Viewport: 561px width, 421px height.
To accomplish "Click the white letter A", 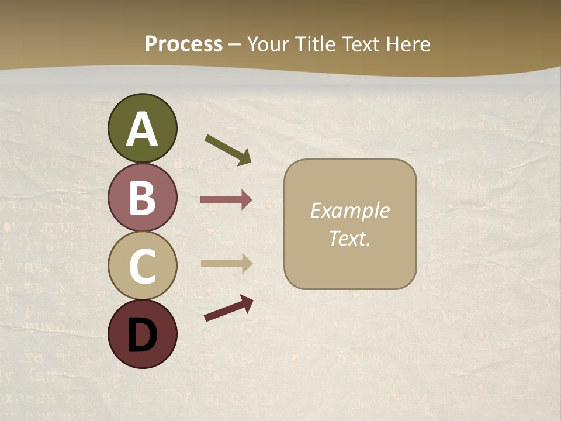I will (x=142, y=129).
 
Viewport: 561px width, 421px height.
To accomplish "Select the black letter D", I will (x=142, y=335).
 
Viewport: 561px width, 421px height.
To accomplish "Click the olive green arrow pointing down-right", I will (x=228, y=149).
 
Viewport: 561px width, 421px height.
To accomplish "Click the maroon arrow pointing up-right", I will (x=228, y=308).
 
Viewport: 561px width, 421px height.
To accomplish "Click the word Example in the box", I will (x=349, y=210).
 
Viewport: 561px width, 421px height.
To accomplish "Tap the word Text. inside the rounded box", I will (x=349, y=238).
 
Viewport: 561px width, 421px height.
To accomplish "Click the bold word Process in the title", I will (x=183, y=44).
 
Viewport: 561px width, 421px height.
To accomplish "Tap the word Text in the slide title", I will (x=361, y=44).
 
